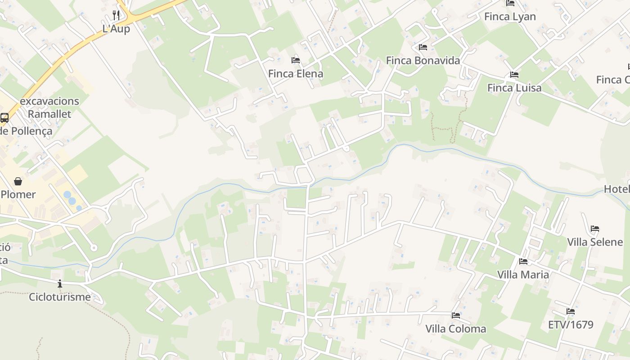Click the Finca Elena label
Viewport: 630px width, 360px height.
click(x=296, y=73)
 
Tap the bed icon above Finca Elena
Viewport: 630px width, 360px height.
click(x=296, y=60)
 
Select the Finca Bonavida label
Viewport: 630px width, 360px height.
click(x=423, y=60)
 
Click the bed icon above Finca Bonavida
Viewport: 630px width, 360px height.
click(x=423, y=47)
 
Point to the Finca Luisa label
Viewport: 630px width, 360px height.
click(x=514, y=87)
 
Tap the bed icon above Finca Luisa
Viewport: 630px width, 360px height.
click(x=514, y=74)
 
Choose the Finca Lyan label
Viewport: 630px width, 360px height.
click(x=510, y=17)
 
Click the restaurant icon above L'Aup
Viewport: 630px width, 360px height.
click(x=116, y=15)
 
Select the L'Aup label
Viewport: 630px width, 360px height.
click(x=116, y=29)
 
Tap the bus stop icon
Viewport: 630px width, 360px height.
click(x=4, y=118)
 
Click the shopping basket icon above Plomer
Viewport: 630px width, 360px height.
click(x=18, y=181)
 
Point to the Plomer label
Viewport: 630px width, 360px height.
click(x=18, y=194)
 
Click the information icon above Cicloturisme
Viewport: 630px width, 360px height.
click(x=60, y=283)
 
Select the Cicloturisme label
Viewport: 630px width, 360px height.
click(x=60, y=297)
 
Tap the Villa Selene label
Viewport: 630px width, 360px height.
click(x=595, y=242)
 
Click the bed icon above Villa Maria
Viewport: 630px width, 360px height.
click(x=523, y=261)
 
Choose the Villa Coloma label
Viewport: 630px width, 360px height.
click(x=456, y=329)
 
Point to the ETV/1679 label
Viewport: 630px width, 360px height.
click(x=571, y=324)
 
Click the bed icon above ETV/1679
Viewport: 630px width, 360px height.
click(x=571, y=311)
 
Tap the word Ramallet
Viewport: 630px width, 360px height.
click(x=49, y=114)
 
